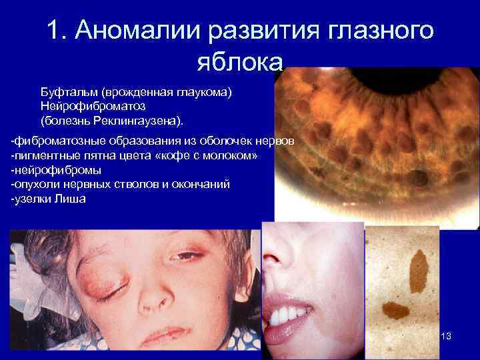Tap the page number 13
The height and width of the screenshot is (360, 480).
coord(446,336)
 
